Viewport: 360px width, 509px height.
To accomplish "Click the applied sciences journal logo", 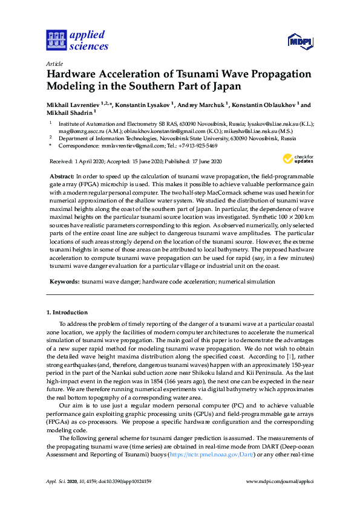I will tap(77, 40).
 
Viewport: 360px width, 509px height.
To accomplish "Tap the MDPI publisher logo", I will tap(299, 42).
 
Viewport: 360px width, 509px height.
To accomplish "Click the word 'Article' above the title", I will tap(54, 63).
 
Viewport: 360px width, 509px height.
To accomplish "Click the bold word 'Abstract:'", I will tap(62, 175).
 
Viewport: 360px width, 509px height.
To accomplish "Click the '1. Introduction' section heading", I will tap(67, 313).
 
